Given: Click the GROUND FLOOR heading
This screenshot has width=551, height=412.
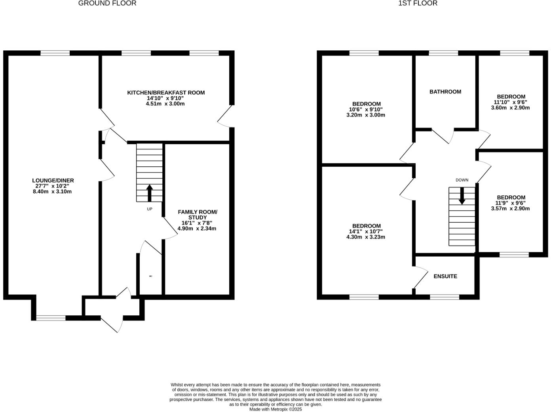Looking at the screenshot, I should click(x=107, y=3).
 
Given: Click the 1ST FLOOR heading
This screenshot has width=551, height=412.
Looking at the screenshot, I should click(x=418, y=3).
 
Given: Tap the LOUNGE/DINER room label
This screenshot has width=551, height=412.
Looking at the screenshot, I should click(x=53, y=180).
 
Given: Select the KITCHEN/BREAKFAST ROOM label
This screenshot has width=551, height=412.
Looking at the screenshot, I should click(x=166, y=93).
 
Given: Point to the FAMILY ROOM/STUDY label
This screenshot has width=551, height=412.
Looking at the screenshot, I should click(x=197, y=215).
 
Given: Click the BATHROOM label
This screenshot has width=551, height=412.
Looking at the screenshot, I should click(x=445, y=92).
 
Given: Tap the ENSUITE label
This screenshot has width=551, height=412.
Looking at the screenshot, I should click(x=445, y=276).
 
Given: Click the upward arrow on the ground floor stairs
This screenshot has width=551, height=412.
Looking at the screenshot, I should click(x=150, y=193).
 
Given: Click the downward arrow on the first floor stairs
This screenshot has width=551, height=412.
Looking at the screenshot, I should click(x=462, y=196).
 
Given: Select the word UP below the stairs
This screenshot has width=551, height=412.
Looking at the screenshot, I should click(x=150, y=209).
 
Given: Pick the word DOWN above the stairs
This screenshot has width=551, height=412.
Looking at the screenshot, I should click(x=462, y=180).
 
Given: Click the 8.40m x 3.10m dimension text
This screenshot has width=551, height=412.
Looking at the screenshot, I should click(x=52, y=192).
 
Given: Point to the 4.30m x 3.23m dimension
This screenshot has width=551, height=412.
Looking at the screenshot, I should click(x=365, y=237).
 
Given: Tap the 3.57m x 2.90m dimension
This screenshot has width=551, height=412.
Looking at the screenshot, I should click(x=510, y=209).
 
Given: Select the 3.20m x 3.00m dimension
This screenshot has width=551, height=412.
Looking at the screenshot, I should click(x=365, y=115).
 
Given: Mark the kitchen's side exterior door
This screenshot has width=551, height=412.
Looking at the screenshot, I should click(x=225, y=116).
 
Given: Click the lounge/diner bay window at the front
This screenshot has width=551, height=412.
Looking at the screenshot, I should click(x=51, y=318).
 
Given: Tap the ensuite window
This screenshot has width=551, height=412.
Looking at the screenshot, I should click(x=445, y=297).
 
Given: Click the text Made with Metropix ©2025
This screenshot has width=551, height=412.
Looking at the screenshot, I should click(x=275, y=409).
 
